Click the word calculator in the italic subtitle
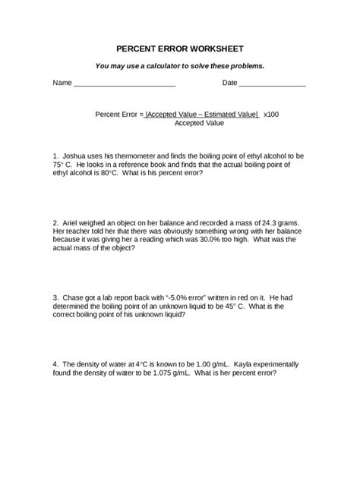(178, 65)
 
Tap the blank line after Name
(124, 83)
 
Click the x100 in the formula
(271, 114)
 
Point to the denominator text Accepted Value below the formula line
(199, 122)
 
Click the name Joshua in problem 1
(75, 154)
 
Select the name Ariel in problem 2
(72, 217)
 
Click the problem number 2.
(55, 217)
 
